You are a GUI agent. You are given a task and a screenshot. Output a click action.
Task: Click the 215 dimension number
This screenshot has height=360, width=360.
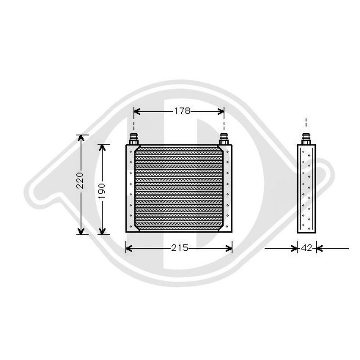click(179, 248)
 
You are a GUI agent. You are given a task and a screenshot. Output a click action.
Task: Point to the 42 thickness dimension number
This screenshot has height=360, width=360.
click(306, 248)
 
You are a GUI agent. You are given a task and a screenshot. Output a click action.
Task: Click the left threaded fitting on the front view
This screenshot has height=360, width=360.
click(133, 139)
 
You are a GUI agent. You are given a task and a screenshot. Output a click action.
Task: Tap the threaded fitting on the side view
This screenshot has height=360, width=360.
click(306, 139)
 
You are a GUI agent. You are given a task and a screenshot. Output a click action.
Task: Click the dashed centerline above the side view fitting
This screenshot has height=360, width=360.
click(306, 124)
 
